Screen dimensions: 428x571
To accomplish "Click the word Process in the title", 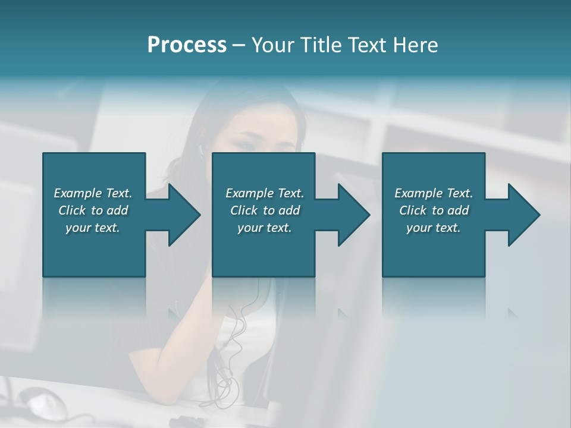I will tap(187, 45).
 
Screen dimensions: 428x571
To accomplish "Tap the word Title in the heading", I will tap(321, 45).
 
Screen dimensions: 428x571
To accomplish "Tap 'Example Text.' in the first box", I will tap(93, 193).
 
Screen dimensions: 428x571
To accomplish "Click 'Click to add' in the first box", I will tap(93, 210).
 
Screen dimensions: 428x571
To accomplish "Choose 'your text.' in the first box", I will tap(93, 228).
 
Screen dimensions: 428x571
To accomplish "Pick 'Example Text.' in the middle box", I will tap(265, 193).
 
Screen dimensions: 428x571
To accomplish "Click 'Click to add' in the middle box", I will tap(265, 210).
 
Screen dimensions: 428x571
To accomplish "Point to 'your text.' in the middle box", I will tap(265, 228).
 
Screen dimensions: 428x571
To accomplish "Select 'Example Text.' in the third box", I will tap(434, 193).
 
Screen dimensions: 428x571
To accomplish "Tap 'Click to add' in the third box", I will tap(434, 210).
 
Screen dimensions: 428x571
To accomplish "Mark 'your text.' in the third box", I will tap(434, 228).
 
